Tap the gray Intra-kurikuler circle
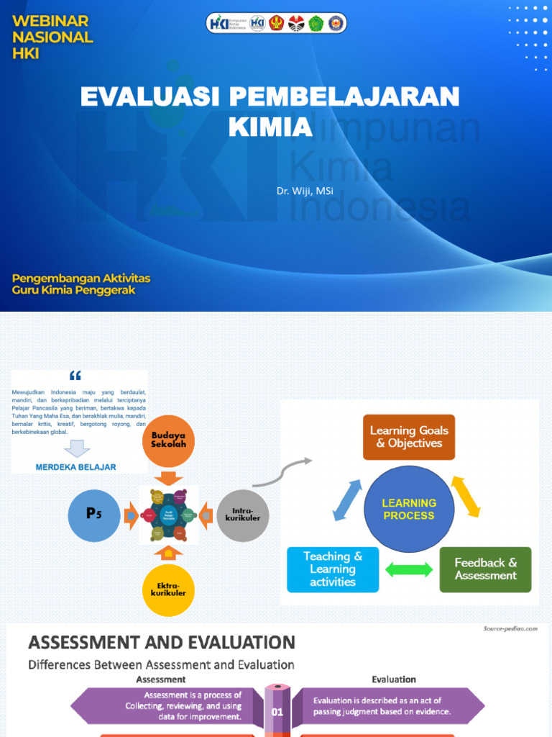coord(243,515)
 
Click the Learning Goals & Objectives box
coord(408,437)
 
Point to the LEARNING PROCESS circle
coord(408,509)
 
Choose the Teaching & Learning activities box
coord(333,569)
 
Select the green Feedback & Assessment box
coord(485,569)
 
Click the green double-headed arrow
coord(409,569)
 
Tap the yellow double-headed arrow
coord(465,497)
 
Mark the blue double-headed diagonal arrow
coord(349,500)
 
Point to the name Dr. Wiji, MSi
coord(305,191)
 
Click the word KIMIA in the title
coord(270,127)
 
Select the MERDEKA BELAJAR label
coord(75,466)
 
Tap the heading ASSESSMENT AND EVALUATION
coord(162,642)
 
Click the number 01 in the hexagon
coord(277,712)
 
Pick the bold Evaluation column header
coord(393,679)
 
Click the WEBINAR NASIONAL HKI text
coord(52,37)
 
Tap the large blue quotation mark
coord(75,376)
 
